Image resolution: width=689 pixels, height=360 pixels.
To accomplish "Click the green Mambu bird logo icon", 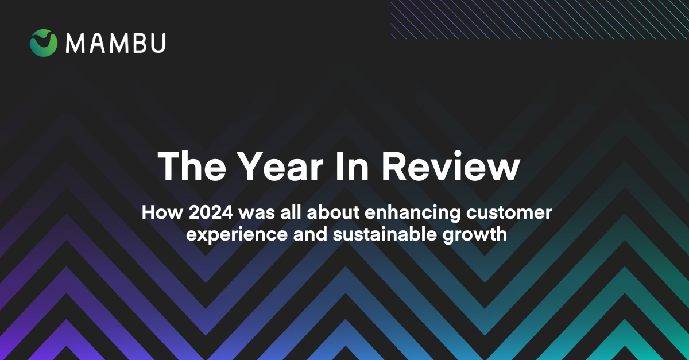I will (x=44, y=43).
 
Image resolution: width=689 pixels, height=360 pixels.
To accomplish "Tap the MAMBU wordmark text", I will (x=115, y=43).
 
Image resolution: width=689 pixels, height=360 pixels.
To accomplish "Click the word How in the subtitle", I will (x=157, y=213).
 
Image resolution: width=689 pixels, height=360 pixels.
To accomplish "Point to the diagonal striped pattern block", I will (x=540, y=20).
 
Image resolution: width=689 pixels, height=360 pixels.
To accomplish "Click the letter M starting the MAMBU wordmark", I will (x=75, y=43).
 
